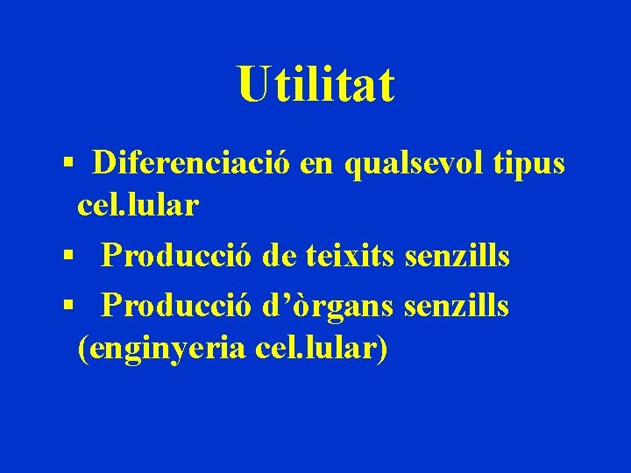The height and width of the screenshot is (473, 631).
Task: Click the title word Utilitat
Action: [x=315, y=85]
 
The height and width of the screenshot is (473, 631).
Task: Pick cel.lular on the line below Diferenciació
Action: [x=138, y=206]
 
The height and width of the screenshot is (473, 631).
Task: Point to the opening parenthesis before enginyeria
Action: [x=82, y=349]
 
